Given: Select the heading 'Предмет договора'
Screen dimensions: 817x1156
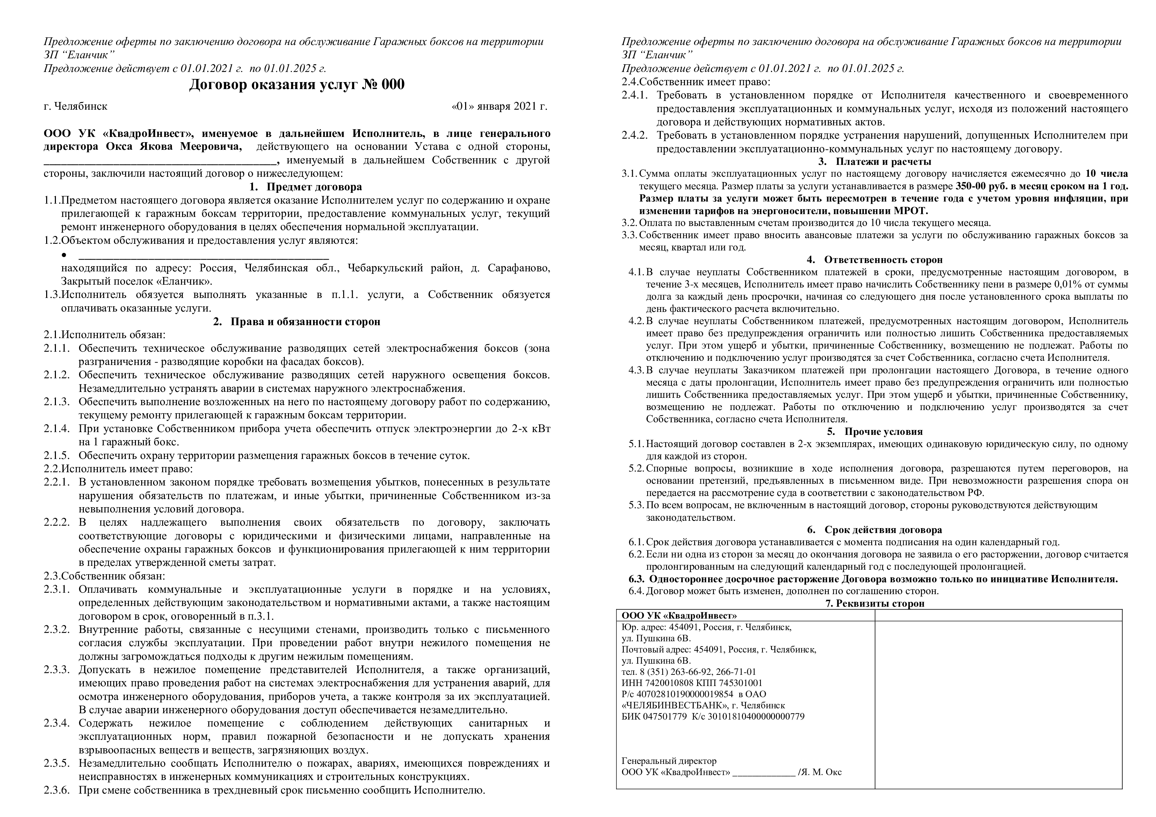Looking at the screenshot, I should pyautogui.click(x=314, y=187).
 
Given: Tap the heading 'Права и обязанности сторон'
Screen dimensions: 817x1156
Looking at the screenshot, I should pyautogui.click(x=305, y=322).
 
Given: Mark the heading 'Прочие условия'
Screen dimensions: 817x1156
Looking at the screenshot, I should pyautogui.click(x=884, y=431).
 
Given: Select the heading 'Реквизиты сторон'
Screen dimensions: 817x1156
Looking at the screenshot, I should pyautogui.click(x=880, y=604).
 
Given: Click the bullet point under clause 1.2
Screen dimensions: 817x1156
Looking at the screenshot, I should pyautogui.click(x=64, y=255).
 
